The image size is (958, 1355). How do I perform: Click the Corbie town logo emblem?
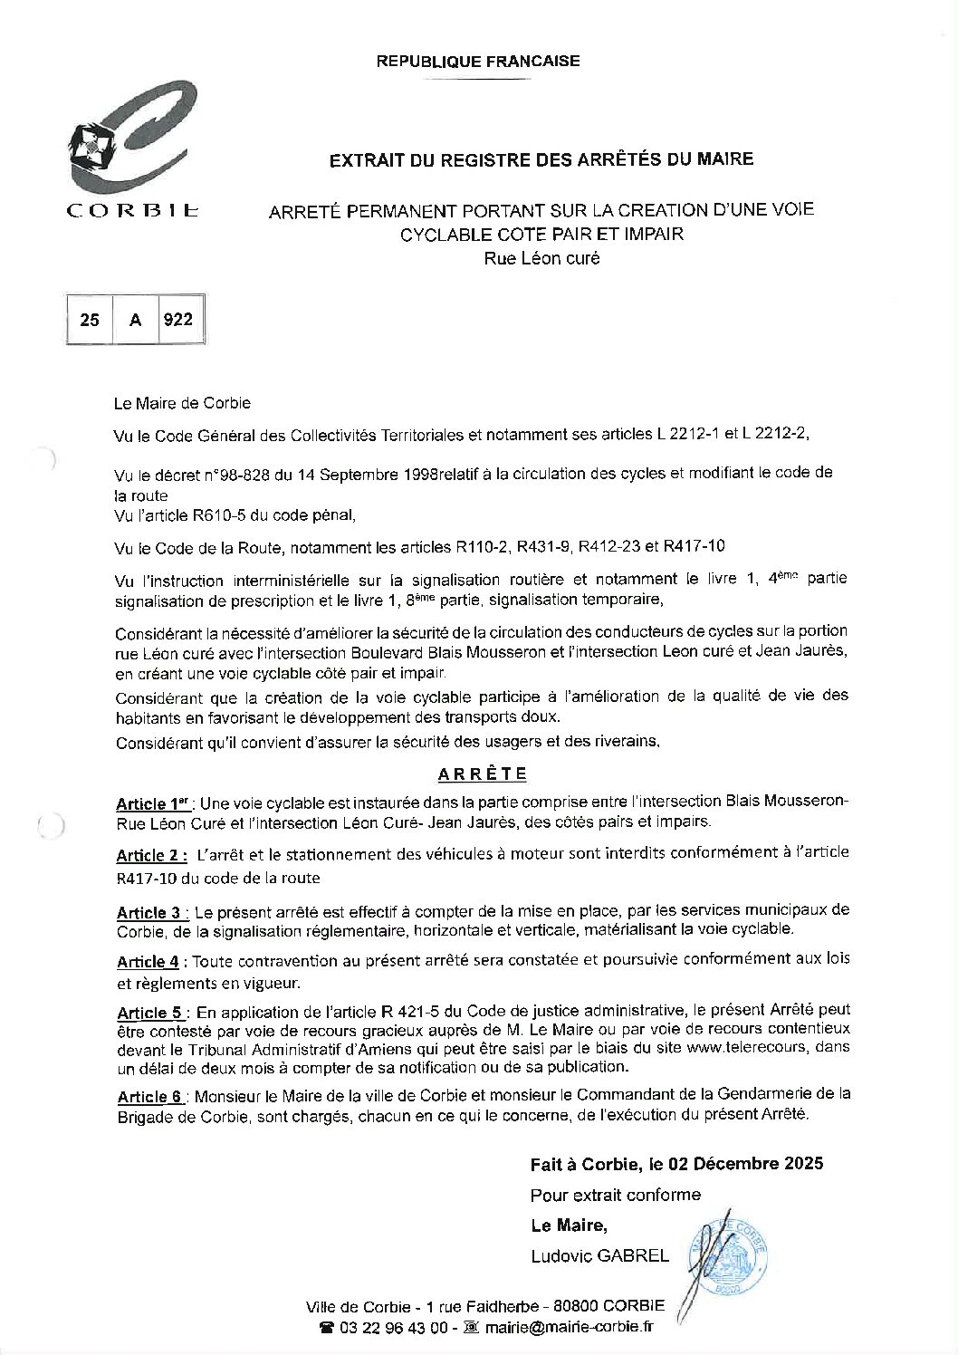coord(131,140)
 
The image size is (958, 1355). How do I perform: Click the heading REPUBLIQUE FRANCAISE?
coord(478,62)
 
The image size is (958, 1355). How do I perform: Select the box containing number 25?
coord(91,319)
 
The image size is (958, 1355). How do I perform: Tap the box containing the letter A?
coord(136,319)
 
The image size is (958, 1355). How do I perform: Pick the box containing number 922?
coord(177,319)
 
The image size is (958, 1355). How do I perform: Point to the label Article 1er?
coord(154,803)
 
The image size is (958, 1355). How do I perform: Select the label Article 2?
coord(151,856)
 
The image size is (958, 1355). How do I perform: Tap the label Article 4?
coord(148,962)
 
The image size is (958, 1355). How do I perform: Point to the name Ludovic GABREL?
coord(599,1256)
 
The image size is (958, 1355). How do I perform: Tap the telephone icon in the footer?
coord(327,1328)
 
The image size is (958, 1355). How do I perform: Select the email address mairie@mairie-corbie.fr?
coord(568,1328)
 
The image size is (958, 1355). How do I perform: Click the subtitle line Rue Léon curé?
coord(541,258)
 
